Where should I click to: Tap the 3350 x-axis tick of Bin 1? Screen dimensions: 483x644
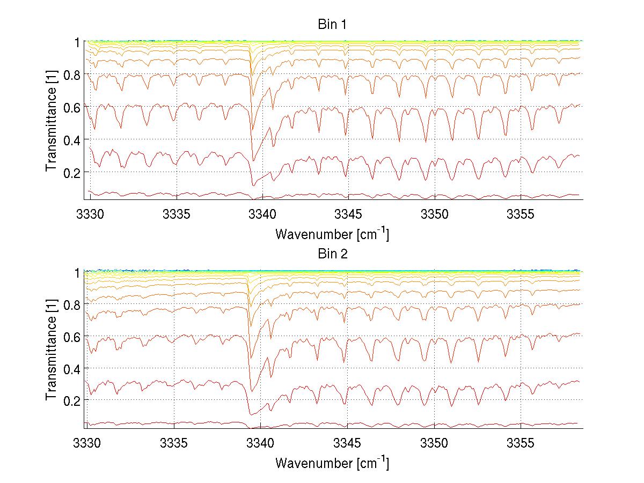(435, 215)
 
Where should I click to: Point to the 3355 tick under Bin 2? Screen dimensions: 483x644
(521, 444)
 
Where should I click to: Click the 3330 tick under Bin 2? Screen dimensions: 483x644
(90, 444)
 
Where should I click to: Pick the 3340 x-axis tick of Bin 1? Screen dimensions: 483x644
(262, 215)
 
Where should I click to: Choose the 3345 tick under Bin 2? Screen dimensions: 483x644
(348, 444)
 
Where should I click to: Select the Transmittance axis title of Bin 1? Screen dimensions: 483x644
(52, 121)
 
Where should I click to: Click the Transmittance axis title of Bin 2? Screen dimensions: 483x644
(52, 350)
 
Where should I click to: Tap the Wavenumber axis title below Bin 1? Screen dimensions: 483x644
(332, 234)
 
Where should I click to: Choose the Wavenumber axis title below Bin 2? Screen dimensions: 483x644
(332, 463)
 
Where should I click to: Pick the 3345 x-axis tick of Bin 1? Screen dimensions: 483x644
(348, 215)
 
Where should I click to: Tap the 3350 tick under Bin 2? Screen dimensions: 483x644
(435, 444)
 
